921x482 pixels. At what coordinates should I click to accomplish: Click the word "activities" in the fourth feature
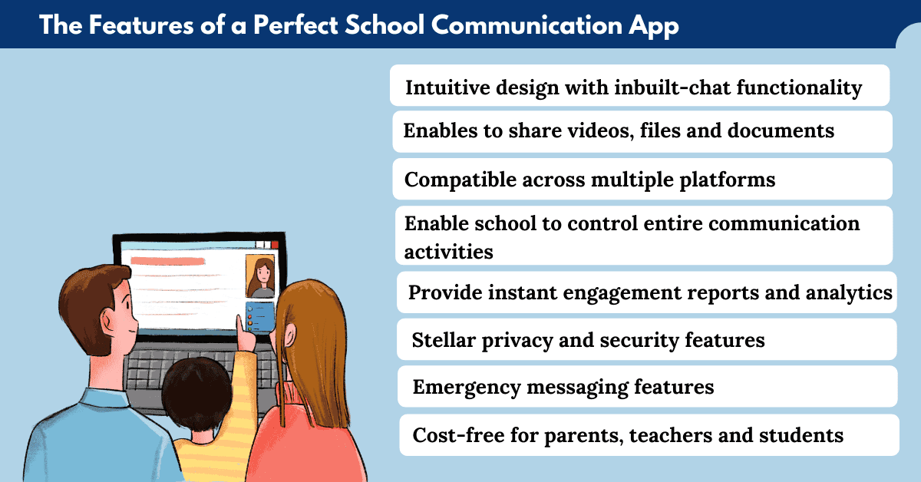click(x=448, y=251)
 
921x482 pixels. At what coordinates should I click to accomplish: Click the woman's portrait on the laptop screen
click(x=260, y=276)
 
